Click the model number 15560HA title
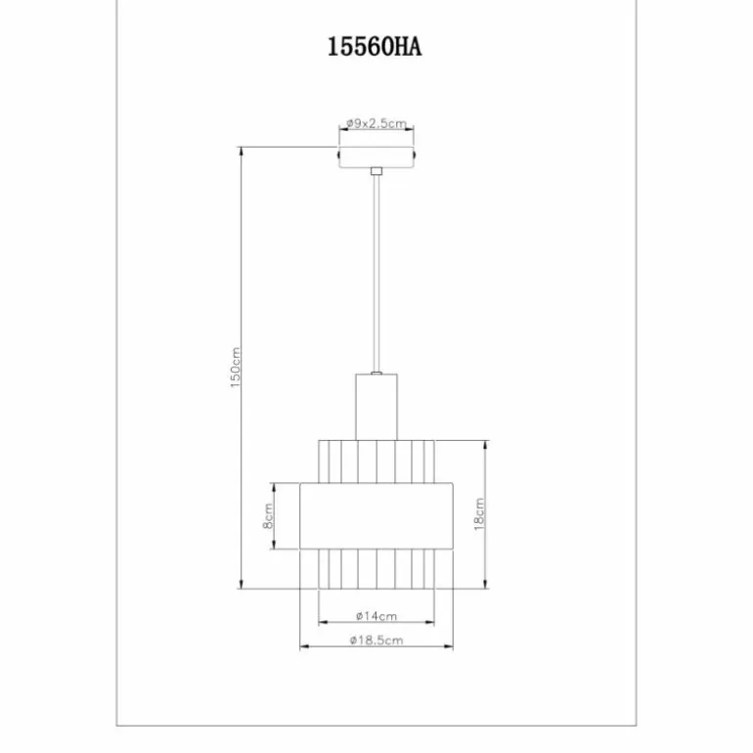[375, 47]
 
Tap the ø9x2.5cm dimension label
[376, 123]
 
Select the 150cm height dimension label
[235, 368]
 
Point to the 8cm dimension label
[268, 515]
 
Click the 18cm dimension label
[479, 513]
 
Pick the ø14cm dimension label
[376, 616]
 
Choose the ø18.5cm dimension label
[376, 641]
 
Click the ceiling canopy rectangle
[376, 157]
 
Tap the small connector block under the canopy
[376, 171]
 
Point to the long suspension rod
[376, 274]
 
